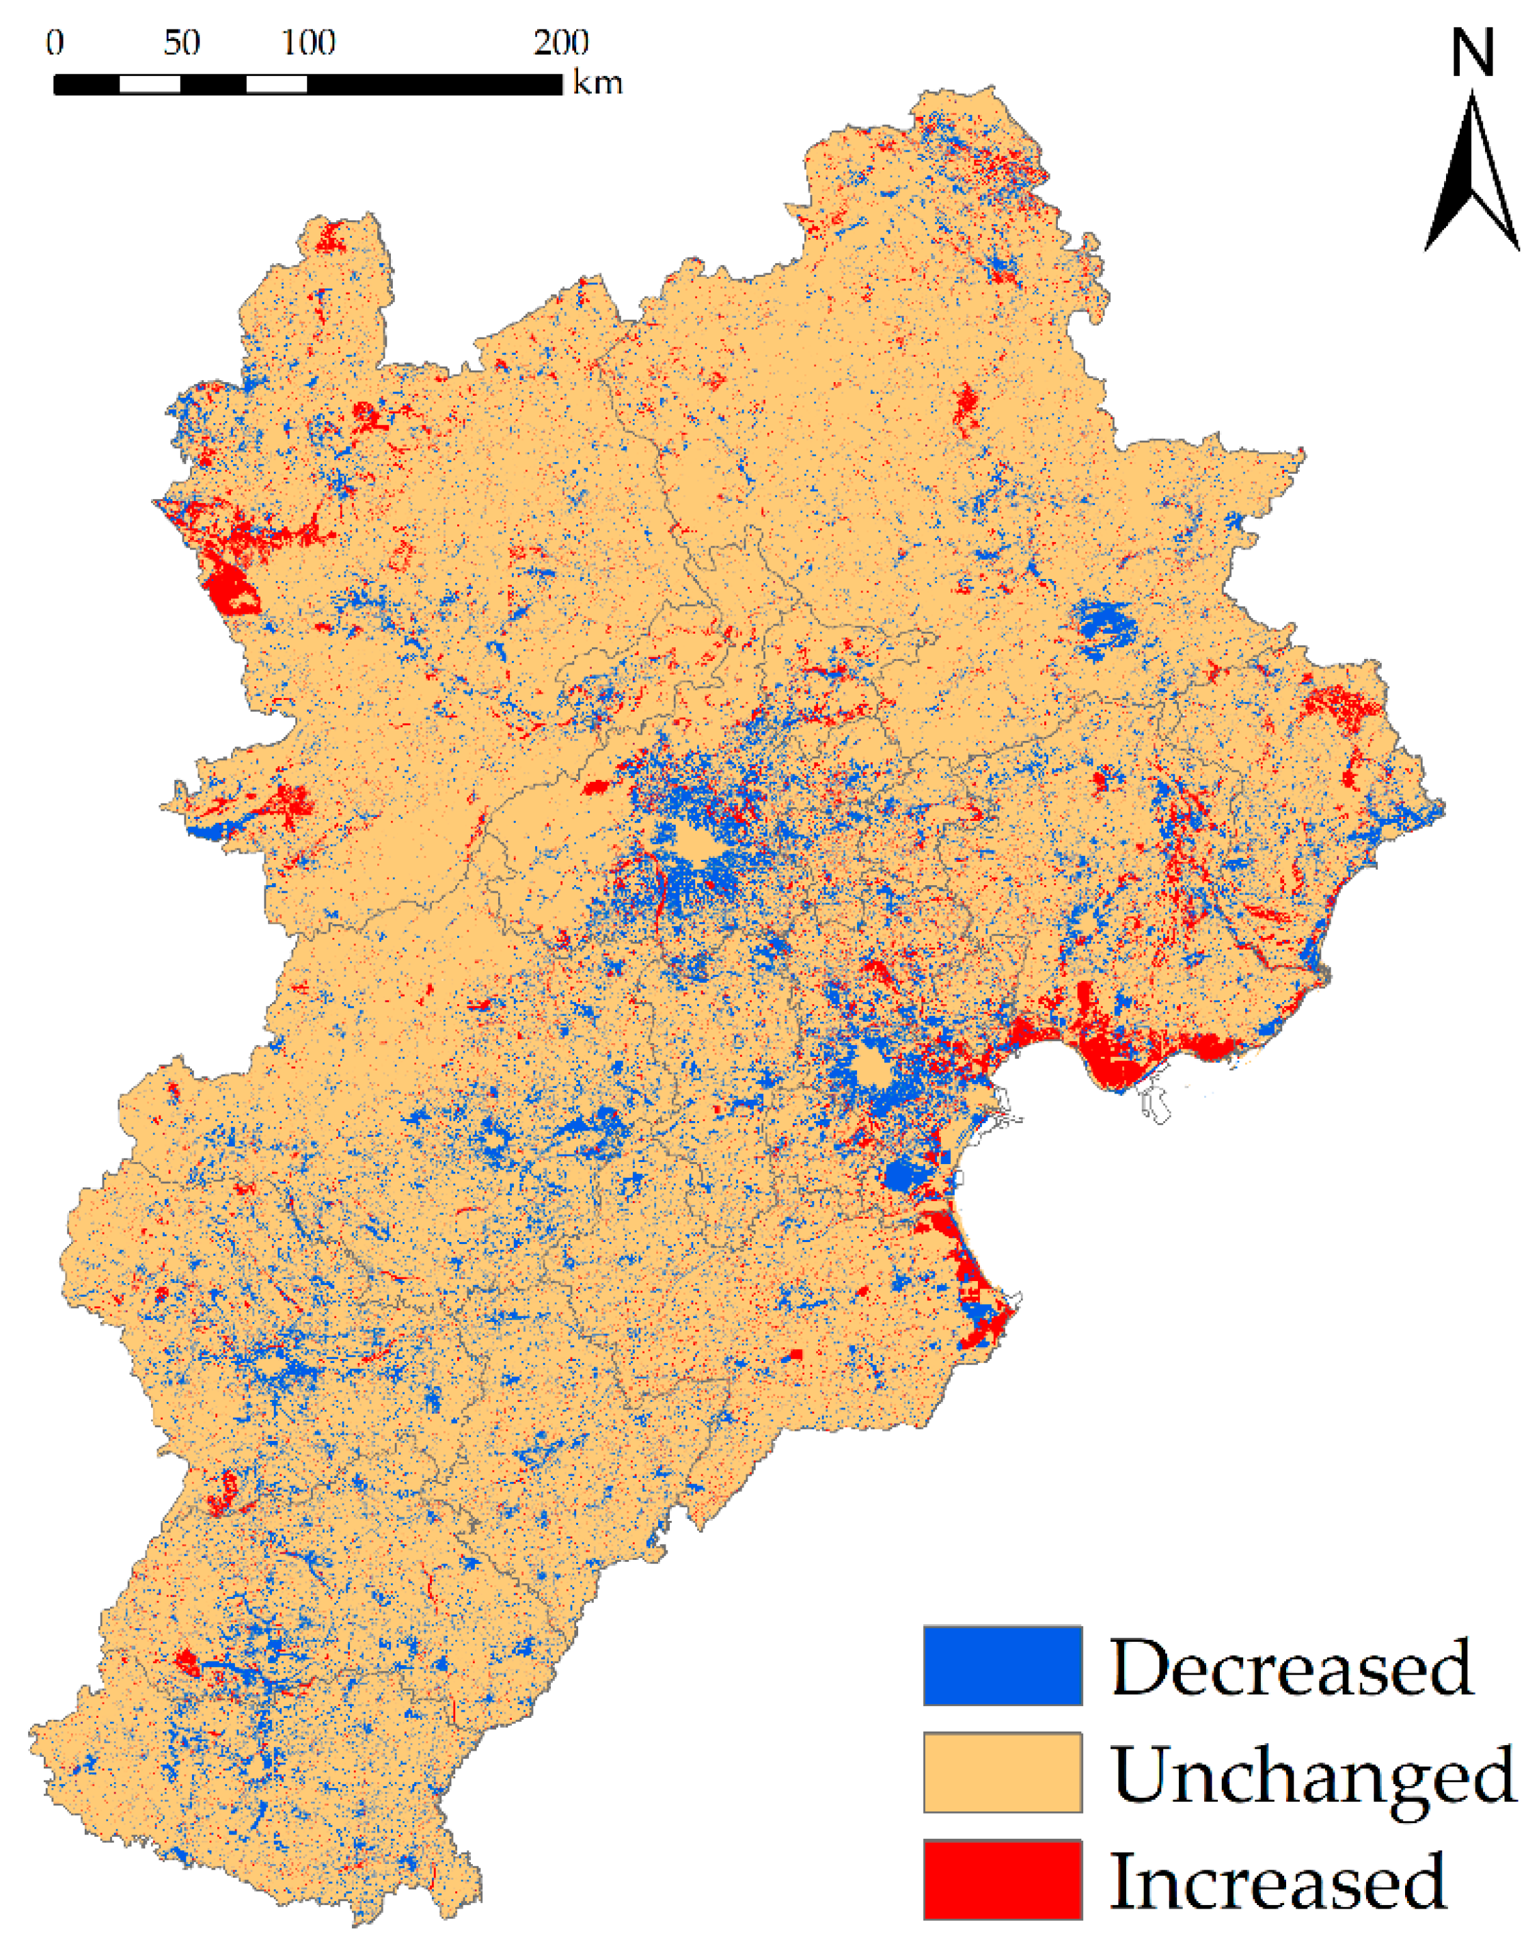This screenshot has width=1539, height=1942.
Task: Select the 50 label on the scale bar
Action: (181, 42)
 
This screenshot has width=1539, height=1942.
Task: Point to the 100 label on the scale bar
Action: (308, 42)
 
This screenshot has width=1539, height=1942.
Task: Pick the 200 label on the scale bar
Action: (560, 42)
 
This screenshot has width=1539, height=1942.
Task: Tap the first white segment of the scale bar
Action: (150, 85)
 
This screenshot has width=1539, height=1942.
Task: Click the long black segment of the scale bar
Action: (434, 85)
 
